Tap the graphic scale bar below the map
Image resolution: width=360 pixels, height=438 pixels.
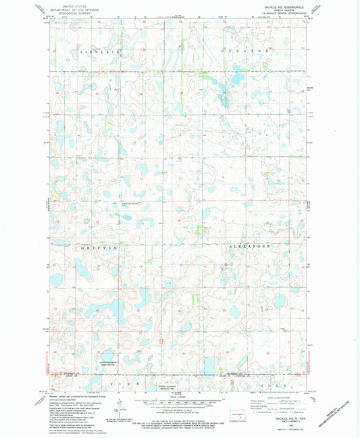180,404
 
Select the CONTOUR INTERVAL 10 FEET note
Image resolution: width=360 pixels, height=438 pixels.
180,412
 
